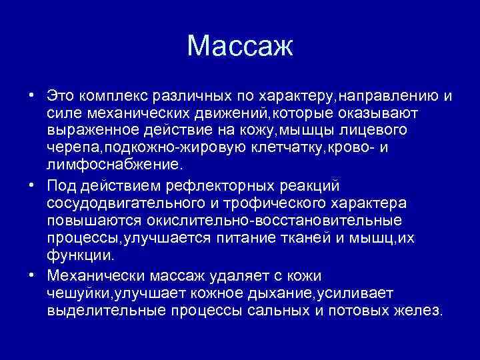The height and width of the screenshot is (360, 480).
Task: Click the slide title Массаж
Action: [240, 46]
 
